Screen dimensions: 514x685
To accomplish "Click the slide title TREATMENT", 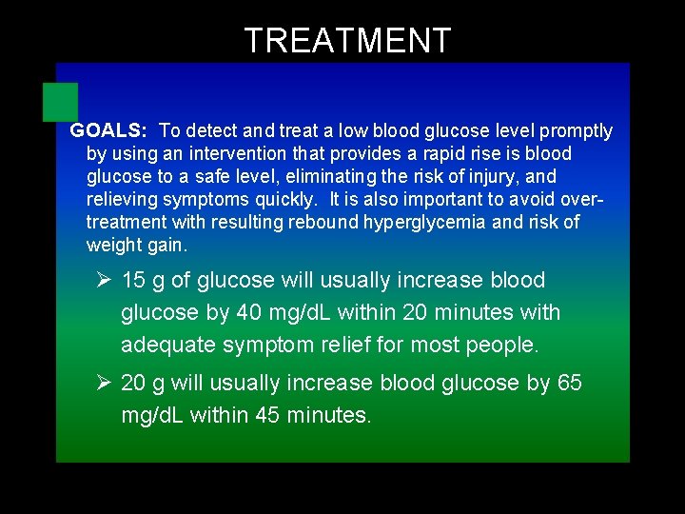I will (x=347, y=41).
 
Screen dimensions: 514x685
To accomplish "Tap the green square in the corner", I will (x=60, y=102).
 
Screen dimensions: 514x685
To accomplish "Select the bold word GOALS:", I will (x=108, y=131).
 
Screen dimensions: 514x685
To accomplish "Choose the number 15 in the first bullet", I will (x=134, y=281).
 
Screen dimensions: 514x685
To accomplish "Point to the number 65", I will (x=569, y=384).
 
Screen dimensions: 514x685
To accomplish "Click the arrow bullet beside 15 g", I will (x=106, y=281).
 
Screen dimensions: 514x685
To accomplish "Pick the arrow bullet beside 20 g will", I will (x=106, y=384).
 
